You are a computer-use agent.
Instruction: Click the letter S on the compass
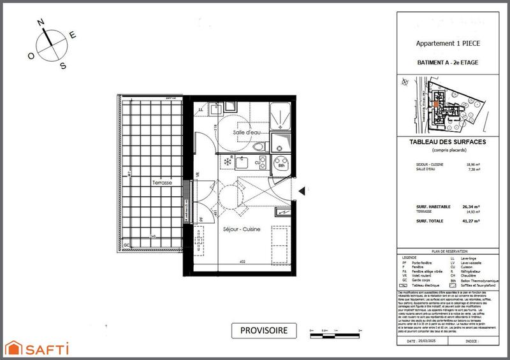[62, 66]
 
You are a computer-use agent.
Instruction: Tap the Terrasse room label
[161, 182]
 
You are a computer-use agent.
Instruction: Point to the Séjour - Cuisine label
[242, 227]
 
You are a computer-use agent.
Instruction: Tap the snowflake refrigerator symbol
[226, 162]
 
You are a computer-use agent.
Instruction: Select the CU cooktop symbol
[258, 164]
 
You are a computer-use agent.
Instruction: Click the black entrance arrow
[303, 189]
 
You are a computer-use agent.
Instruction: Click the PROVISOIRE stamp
[263, 330]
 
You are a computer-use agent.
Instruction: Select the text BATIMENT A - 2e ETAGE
[446, 62]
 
